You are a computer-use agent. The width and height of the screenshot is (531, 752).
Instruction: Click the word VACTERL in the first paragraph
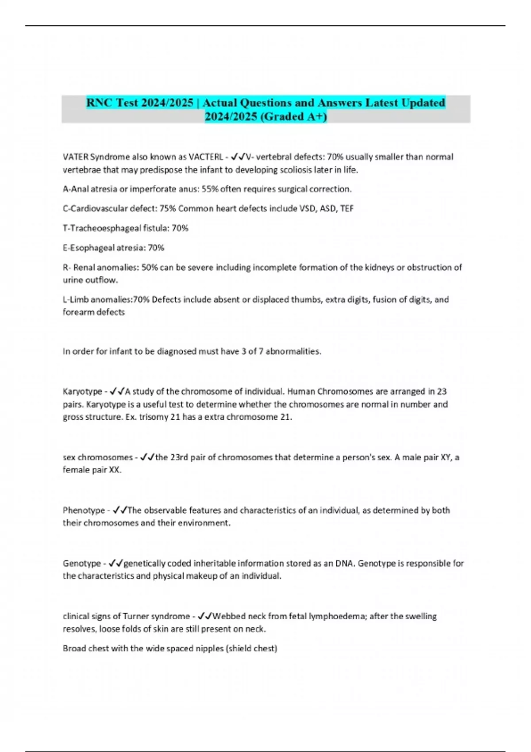click(x=206, y=157)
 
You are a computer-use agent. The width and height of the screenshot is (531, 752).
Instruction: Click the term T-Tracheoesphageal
click(x=101, y=228)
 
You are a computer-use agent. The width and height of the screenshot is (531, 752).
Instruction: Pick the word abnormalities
click(x=293, y=352)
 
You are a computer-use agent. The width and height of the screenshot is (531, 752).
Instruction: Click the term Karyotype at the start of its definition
click(x=82, y=391)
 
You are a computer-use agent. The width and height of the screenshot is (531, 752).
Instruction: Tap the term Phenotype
click(x=84, y=510)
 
